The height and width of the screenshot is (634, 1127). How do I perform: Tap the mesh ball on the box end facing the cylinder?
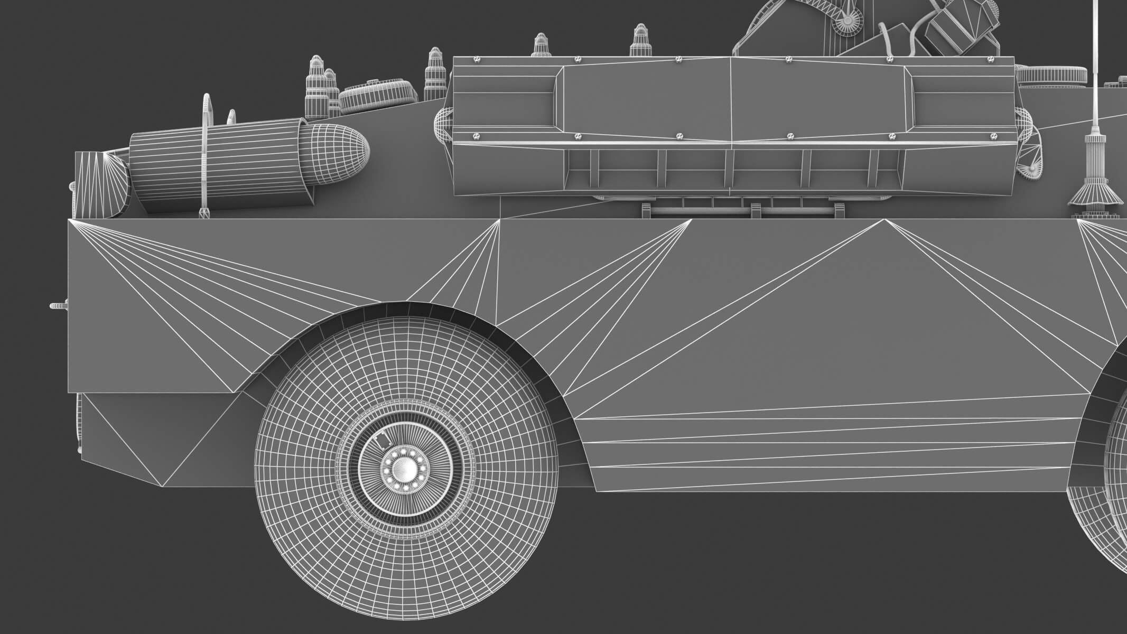tap(443, 126)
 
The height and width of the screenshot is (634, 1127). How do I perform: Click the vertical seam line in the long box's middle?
tap(731, 100)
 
